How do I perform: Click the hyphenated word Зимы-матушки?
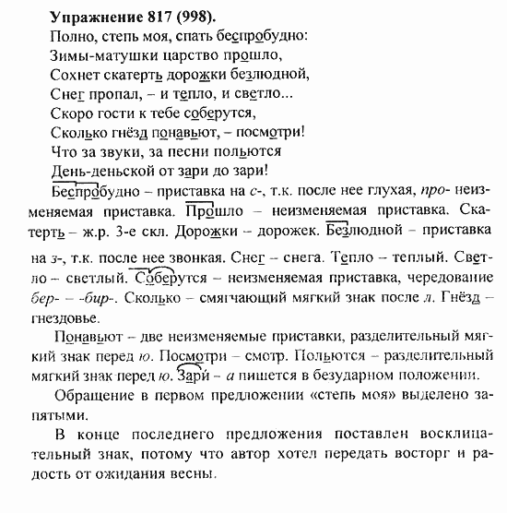coord(93,59)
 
